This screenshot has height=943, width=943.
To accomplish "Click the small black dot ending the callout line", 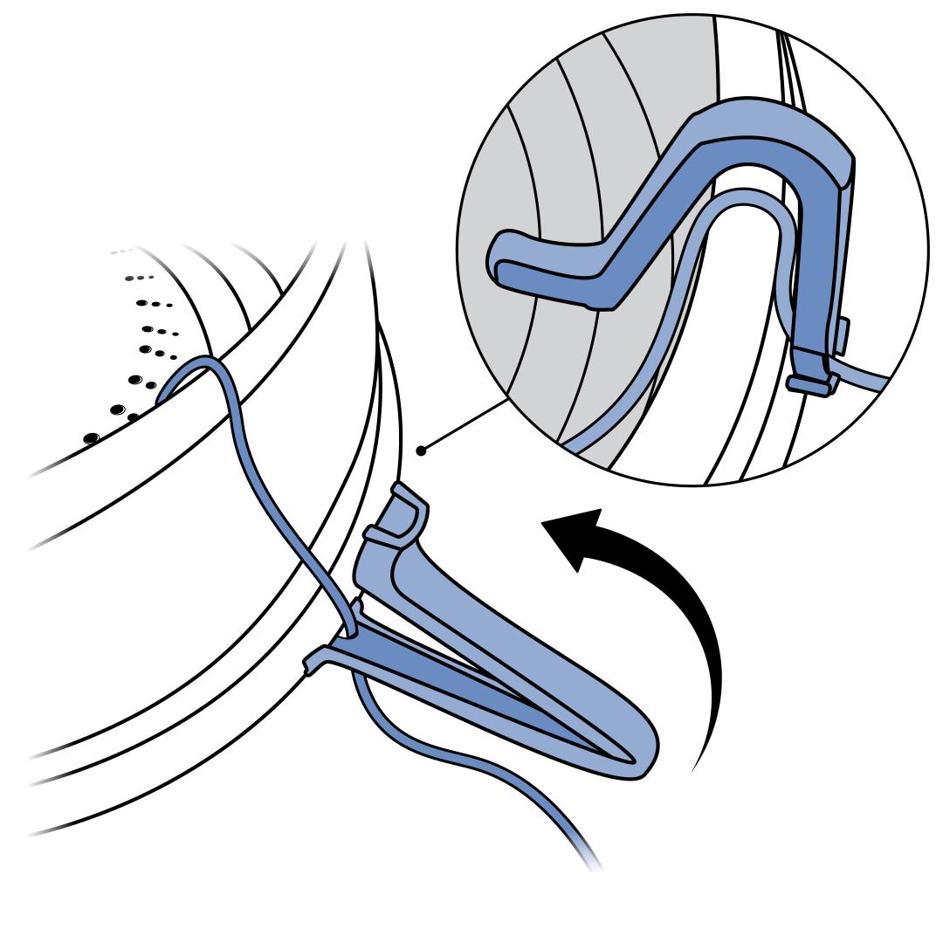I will click(422, 451).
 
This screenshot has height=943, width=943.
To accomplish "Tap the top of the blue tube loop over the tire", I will click(206, 362).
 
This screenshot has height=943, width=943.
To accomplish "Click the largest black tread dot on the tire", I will click(90, 437).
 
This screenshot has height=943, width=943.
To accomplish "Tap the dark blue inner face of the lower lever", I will click(454, 681).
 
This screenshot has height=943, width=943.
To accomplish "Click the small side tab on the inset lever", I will click(842, 336).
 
